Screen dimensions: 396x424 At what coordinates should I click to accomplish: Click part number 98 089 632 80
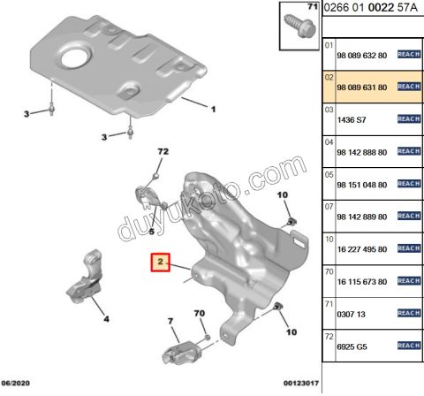point(361,54)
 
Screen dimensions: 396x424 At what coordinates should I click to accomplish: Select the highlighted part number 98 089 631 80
point(361,86)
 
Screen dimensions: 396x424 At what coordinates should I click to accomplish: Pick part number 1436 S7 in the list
point(352,118)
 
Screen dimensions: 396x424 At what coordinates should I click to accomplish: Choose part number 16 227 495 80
point(361,249)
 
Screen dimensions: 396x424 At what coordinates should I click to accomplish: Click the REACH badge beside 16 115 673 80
point(407,281)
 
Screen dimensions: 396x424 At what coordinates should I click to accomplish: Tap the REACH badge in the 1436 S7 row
point(407,118)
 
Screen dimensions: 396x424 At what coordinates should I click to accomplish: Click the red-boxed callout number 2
point(161,263)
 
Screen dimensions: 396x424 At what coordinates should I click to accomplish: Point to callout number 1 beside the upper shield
point(213,110)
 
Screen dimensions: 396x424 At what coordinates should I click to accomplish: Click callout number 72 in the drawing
point(162,153)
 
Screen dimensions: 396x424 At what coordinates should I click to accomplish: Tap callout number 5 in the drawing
point(151,232)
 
